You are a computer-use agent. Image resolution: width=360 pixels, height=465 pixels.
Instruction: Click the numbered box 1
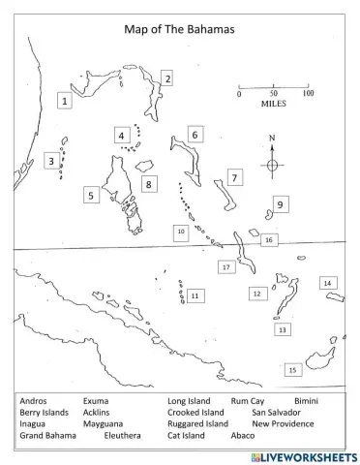point(65,100)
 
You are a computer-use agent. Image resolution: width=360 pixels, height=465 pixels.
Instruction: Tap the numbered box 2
point(166,78)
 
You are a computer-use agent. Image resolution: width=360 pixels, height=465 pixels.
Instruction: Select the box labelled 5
point(90,195)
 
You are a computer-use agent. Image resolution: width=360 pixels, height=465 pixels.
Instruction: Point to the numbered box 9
point(279,204)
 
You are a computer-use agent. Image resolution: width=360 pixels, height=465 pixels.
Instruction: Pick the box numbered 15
point(292,369)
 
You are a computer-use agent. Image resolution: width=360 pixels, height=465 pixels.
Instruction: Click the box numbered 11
point(195,295)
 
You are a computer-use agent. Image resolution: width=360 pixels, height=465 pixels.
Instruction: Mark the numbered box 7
point(233,177)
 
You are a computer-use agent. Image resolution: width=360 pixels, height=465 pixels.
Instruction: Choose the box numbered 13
point(282,329)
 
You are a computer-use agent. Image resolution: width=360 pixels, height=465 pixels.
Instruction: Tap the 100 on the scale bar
point(307,93)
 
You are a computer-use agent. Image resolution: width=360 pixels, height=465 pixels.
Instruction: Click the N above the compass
point(272,139)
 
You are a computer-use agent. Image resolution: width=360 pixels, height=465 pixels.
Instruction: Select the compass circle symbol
point(272,165)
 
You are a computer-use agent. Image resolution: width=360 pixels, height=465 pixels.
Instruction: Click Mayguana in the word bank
point(103,423)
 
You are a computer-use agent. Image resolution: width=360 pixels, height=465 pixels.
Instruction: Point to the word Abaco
point(243,436)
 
